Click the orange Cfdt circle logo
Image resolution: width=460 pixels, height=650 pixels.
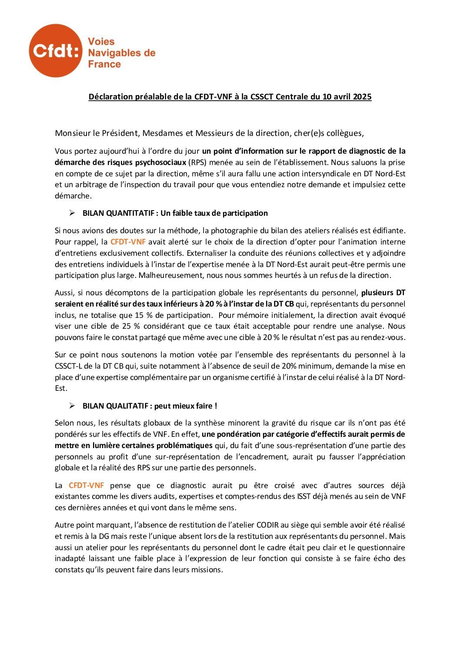coord(55,51)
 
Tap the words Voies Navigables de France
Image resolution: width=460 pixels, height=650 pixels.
coord(121,53)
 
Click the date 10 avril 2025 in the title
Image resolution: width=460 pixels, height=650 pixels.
coord(347,97)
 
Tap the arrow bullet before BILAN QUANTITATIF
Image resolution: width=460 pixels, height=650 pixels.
coord(72,213)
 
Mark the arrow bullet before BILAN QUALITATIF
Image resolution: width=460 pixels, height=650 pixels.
coord(72,406)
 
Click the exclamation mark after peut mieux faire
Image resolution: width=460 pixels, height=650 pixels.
coord(216,406)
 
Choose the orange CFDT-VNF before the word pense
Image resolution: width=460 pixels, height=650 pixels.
coord(86,485)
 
